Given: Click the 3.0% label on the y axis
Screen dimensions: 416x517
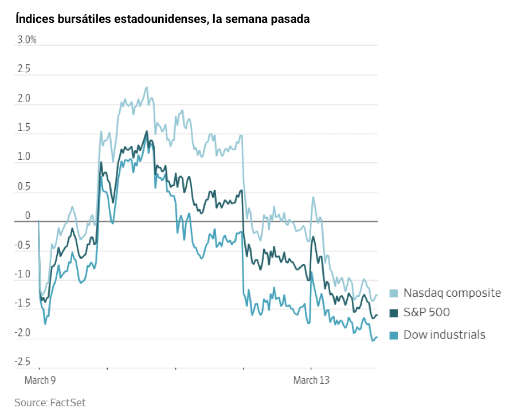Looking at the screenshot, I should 26,40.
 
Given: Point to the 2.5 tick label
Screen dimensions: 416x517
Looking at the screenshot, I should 23,69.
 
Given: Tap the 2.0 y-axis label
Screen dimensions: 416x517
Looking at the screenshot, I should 23,99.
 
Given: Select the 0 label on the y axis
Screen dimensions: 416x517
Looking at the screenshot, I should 27,215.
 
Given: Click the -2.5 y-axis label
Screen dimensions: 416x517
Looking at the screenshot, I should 23,362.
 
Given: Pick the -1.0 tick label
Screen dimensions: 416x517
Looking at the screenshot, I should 23,274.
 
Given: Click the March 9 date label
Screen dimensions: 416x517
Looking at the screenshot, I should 40,380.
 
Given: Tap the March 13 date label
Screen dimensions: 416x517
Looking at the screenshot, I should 311,380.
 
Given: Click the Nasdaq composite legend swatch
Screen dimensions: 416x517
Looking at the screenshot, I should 394,293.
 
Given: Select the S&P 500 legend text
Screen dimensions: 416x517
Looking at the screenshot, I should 426,313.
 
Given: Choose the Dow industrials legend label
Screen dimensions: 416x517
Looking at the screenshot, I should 444,335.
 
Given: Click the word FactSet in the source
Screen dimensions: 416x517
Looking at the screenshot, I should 68,403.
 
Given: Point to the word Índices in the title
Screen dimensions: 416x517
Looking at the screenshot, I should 33,19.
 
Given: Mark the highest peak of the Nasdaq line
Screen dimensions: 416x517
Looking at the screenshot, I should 147,87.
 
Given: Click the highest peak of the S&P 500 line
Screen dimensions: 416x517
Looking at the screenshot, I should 147,131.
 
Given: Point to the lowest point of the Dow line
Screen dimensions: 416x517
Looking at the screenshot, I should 373,340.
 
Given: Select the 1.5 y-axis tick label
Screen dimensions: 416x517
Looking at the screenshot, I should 23,128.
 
